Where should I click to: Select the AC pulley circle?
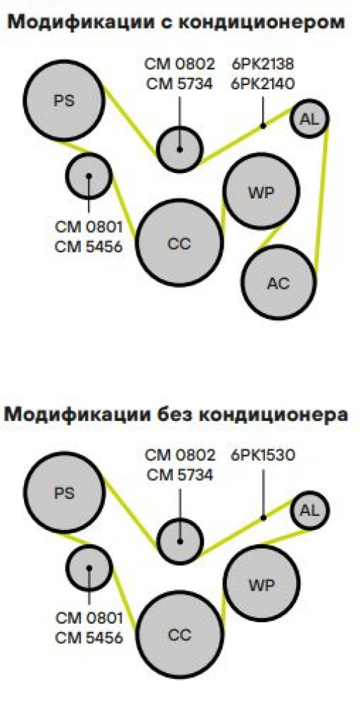pos(279,282)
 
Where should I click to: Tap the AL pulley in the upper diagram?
pos(309,119)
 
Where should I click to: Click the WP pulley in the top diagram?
pos(262,191)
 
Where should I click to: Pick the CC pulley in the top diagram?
pos(179,243)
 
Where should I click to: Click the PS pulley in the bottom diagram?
pos(64,494)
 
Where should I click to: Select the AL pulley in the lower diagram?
pos(310,510)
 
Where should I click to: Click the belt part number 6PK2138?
pos(263,64)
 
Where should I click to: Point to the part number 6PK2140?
pos(263,84)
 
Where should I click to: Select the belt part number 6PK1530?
pos(263,456)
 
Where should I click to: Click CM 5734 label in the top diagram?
pos(179,84)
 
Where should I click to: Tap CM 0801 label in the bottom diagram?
pos(89,618)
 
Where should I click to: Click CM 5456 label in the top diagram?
pos(89,246)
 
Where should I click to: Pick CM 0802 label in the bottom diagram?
pos(179,456)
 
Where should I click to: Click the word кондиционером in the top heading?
pos(262,23)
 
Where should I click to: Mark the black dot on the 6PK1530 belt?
pos(264,518)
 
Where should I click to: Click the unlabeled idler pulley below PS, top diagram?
pos(89,176)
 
